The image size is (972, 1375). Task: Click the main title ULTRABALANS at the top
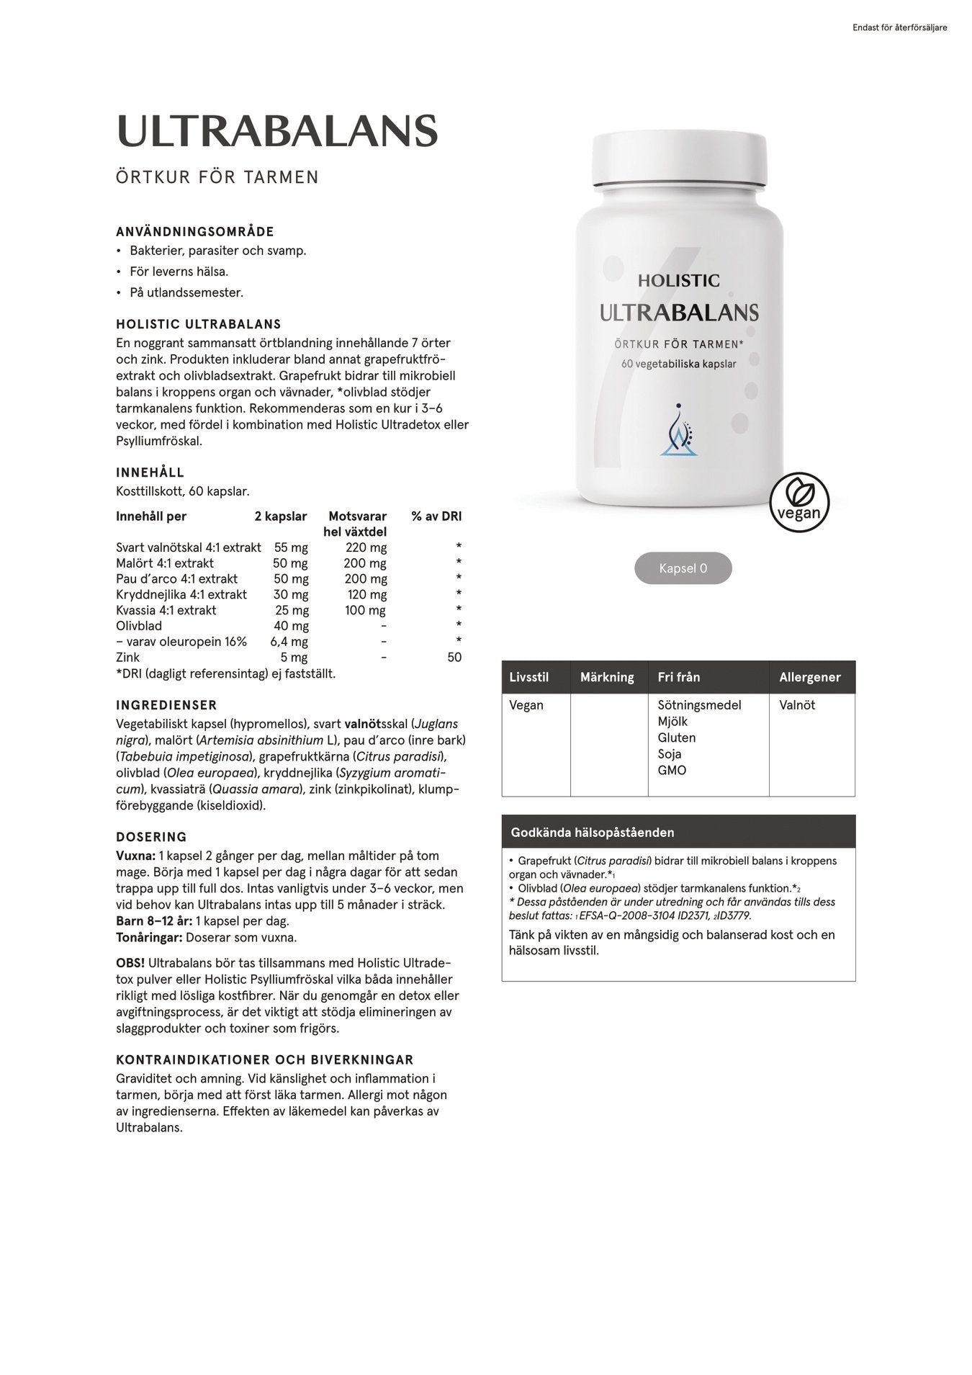[x=276, y=131]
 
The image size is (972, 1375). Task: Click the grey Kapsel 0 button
[x=683, y=568]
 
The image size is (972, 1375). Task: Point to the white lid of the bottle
[x=678, y=160]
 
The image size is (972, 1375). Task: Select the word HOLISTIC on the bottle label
[x=678, y=280]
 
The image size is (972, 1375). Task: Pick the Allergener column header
[x=809, y=677]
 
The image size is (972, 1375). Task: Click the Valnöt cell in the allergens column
[x=797, y=705]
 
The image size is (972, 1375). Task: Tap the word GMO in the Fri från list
[x=672, y=770]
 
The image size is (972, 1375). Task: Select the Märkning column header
[x=607, y=677]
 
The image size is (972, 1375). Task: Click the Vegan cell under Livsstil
[x=526, y=705]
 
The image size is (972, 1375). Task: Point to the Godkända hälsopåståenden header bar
[x=678, y=832]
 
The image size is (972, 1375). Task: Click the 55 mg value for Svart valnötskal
[x=291, y=547]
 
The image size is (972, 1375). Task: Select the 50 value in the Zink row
[x=454, y=657]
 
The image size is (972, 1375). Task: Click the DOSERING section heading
[x=151, y=837]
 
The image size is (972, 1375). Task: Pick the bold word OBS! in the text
[x=130, y=963]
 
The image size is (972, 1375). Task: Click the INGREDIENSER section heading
[x=166, y=705]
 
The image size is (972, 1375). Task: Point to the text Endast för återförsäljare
[x=899, y=28]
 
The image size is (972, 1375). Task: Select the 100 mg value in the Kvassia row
[x=366, y=610]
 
